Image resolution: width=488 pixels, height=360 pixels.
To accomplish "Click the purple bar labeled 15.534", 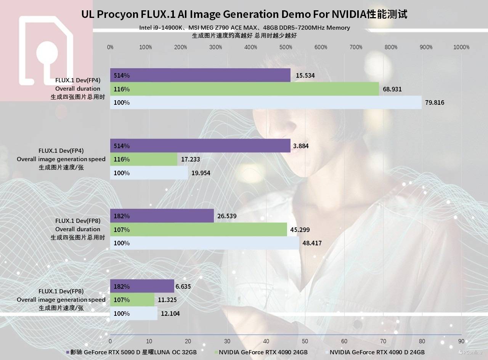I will click(x=200, y=75).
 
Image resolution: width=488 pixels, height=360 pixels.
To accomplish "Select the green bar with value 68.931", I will click(x=244, y=89).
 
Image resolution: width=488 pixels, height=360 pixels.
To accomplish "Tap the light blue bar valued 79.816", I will click(x=266, y=102).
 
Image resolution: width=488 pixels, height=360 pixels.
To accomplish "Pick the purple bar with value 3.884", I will click(x=200, y=146).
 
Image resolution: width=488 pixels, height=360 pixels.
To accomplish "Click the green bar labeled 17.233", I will click(x=144, y=159).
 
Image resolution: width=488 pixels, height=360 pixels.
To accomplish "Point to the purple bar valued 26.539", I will click(x=162, y=216).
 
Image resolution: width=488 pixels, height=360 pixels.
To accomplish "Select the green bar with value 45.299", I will click(x=198, y=230).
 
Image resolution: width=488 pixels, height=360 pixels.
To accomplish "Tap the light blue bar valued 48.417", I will click(x=205, y=243).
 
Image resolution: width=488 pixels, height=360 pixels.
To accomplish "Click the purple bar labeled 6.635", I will click(x=142, y=286).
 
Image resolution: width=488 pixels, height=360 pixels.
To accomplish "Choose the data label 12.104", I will click(x=170, y=314).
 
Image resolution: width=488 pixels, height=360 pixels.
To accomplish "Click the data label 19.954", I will click(x=201, y=173).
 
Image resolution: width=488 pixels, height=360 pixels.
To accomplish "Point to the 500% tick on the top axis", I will click(x=286, y=47).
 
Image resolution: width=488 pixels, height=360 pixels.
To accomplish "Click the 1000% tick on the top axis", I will click(x=461, y=47).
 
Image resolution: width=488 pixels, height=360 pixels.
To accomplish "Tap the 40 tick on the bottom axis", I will click(x=266, y=341).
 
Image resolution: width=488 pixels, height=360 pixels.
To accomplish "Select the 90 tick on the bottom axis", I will click(x=461, y=341).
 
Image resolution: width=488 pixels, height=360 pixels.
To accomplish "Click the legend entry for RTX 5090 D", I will click(x=132, y=352).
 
